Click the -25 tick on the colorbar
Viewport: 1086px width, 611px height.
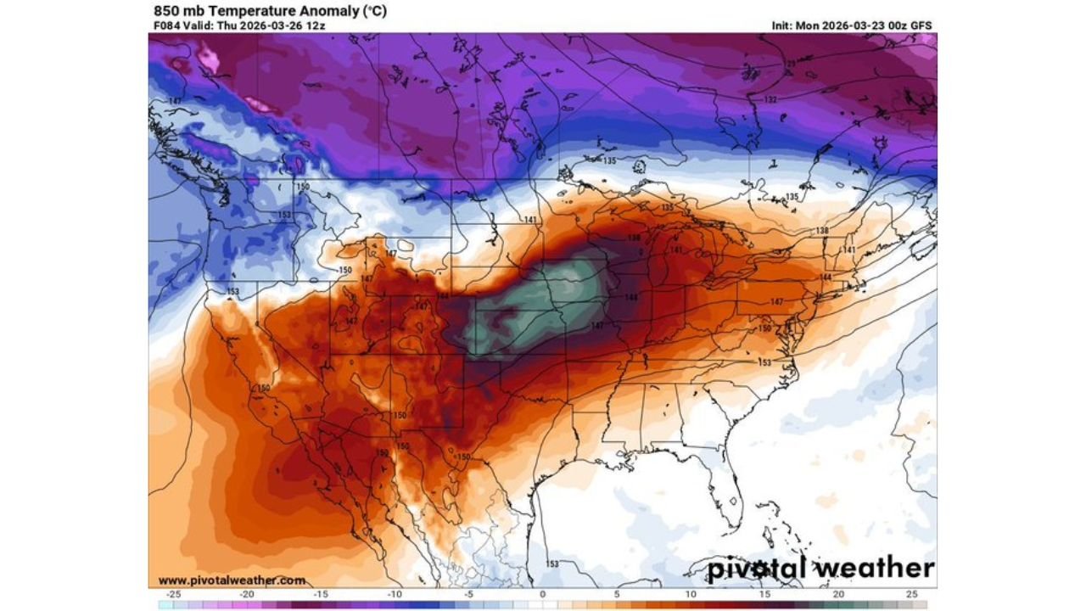coord(174,594)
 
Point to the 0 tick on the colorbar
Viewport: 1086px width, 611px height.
coord(543,594)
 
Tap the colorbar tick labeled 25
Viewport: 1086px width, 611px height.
coord(911,594)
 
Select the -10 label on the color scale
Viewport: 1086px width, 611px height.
coord(395,594)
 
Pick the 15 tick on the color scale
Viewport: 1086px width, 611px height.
coord(764,594)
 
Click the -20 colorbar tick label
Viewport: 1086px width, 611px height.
coord(248,594)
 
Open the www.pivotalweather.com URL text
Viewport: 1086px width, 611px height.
coord(232,580)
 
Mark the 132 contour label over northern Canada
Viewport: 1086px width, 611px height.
coord(770,100)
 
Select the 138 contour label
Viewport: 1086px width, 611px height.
coord(821,231)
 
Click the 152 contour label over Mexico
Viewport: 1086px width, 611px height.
coord(383,454)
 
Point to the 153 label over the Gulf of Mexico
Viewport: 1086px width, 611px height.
coord(552,563)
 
